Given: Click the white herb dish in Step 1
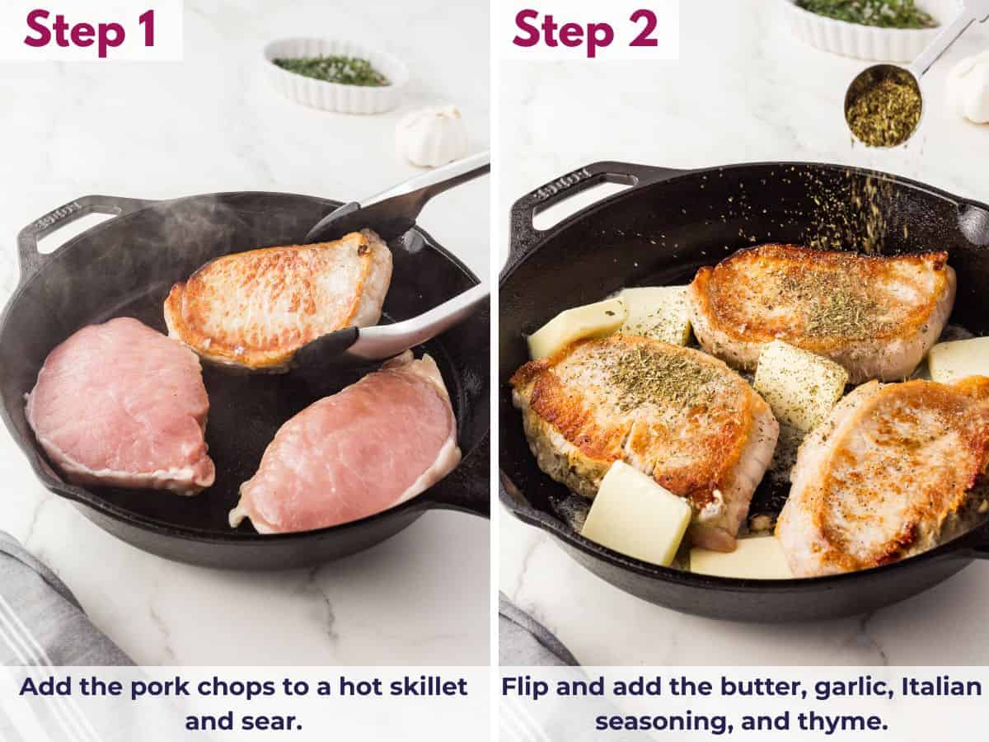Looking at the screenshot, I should pyautogui.click(x=335, y=75).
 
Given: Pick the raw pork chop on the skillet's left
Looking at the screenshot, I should pyautogui.click(x=120, y=404).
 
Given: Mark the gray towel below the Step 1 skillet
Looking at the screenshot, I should pyautogui.click(x=49, y=610).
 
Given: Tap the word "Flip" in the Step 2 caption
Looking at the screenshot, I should pyautogui.click(x=528, y=687).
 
